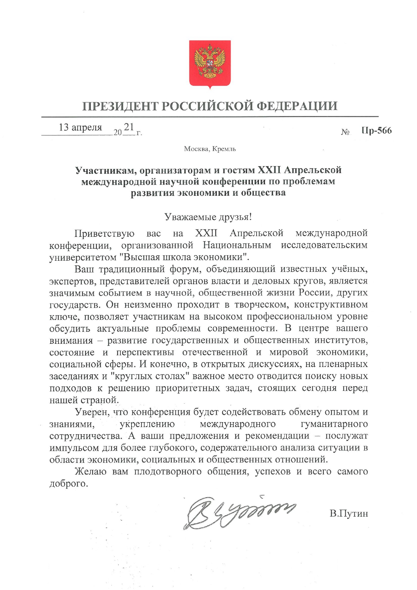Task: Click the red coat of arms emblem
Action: click(210, 63)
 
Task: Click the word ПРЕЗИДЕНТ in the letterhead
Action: click(120, 106)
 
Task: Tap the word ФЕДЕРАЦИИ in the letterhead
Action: click(297, 106)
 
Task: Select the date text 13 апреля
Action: click(80, 127)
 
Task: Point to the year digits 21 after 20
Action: click(129, 127)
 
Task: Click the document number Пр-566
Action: click(377, 131)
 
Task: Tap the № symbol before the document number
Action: click(345, 132)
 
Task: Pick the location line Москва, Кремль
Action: click(210, 149)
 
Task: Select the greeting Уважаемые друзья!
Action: click(208, 217)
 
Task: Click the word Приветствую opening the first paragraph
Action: click(105, 233)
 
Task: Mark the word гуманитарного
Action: click(334, 424)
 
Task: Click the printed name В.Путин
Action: click(349, 514)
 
